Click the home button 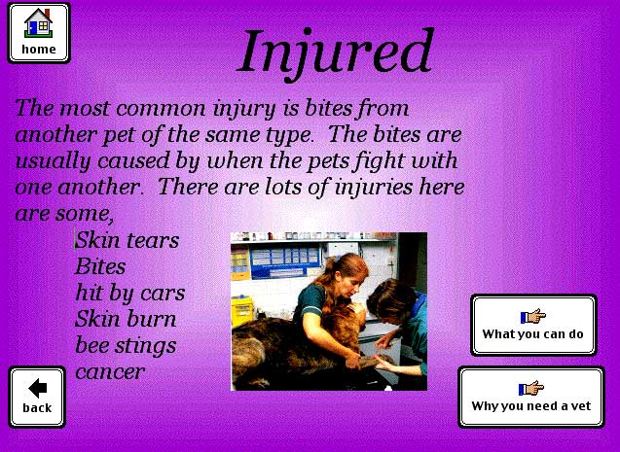coord(39,33)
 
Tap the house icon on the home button coord(38,23)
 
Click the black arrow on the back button coord(38,388)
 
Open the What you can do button coord(533,325)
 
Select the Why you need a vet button coord(531,397)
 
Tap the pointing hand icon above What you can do coord(533,316)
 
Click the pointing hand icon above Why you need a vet coord(531,388)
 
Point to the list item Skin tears coord(127,240)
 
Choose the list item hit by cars coord(130,293)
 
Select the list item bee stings coord(126,346)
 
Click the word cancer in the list coord(110,372)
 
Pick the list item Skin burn coord(126,319)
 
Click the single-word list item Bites coord(100,266)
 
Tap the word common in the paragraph coord(161,109)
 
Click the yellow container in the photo coord(242,311)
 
